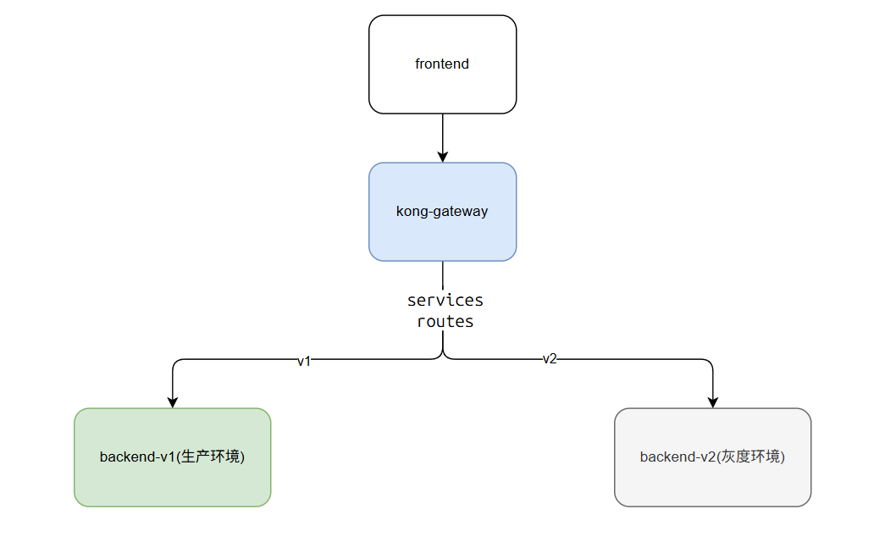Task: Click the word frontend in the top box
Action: click(x=442, y=64)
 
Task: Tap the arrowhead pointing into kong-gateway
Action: click(x=443, y=157)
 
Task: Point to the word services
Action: click(x=445, y=301)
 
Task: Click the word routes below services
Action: click(x=445, y=322)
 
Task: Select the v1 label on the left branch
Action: click(x=304, y=361)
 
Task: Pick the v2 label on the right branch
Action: click(x=550, y=359)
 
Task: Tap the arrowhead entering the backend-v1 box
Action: click(x=173, y=402)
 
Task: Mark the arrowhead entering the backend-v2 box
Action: click(x=712, y=402)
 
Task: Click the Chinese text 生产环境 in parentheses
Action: click(x=209, y=457)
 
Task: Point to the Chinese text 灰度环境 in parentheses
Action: click(x=749, y=457)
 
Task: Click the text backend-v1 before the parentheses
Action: click(x=136, y=457)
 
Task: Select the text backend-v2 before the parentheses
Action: click(x=677, y=457)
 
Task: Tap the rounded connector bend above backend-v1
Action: click(x=175, y=363)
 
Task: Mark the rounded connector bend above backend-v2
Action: click(x=710, y=363)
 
